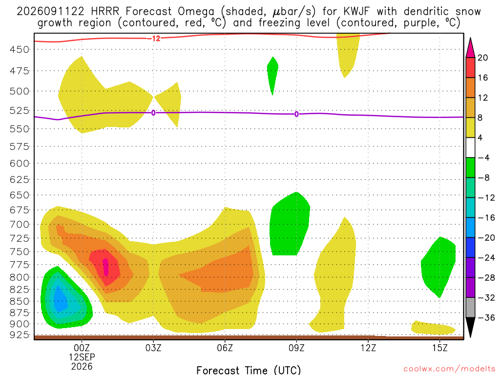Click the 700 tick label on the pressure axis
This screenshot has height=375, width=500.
(x=20, y=225)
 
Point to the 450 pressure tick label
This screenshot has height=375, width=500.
(x=20, y=50)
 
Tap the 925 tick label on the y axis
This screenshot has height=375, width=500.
(x=20, y=335)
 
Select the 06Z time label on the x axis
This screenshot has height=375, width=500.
(x=225, y=348)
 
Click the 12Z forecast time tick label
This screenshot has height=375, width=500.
(x=368, y=348)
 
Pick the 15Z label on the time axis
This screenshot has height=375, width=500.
(x=440, y=348)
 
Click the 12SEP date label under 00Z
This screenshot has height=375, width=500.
(x=82, y=357)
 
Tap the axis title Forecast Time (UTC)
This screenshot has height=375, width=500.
(x=249, y=370)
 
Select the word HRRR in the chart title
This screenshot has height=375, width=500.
(x=105, y=12)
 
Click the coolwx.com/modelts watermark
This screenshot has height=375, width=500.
(x=449, y=369)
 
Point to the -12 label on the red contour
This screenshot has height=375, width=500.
(x=154, y=39)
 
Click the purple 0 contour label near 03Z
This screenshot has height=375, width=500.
(x=153, y=113)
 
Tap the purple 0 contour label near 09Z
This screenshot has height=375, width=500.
(x=296, y=114)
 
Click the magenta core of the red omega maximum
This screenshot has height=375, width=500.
(x=105, y=267)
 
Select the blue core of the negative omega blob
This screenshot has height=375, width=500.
(x=60, y=298)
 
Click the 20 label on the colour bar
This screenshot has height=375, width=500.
(x=483, y=58)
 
